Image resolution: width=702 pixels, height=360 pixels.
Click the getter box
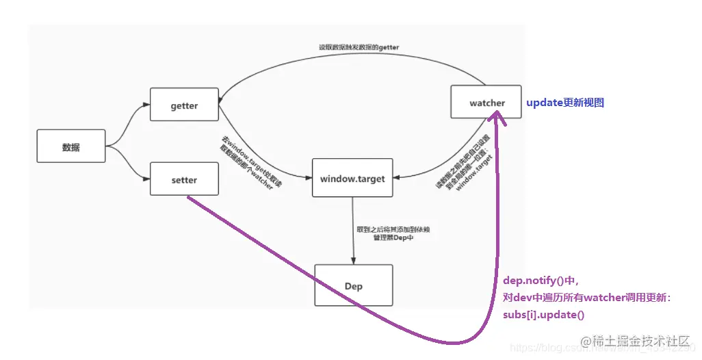(x=184, y=105)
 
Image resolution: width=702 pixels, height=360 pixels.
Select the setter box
(x=184, y=180)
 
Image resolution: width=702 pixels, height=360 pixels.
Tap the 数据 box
(x=71, y=146)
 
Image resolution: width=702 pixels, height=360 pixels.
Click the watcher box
(x=486, y=103)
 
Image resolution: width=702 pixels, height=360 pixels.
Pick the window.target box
(x=352, y=179)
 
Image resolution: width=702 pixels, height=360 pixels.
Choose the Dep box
(x=353, y=285)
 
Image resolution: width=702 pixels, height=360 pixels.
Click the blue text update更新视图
(x=564, y=103)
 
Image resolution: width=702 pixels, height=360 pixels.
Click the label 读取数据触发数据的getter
(x=359, y=47)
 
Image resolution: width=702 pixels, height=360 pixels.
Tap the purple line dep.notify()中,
(x=541, y=280)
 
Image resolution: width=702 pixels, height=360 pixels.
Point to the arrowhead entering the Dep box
(x=353, y=260)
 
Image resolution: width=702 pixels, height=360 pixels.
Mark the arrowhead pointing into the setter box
(x=146, y=179)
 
